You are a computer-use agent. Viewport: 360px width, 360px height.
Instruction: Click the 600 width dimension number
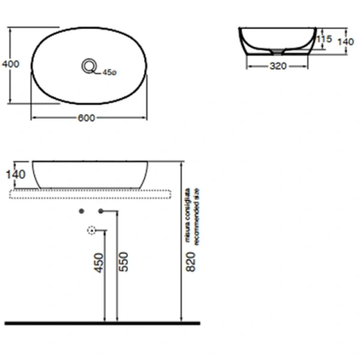click(86, 118)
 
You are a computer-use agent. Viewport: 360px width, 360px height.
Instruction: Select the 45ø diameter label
click(109, 73)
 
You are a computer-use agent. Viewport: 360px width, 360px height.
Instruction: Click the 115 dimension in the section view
click(324, 39)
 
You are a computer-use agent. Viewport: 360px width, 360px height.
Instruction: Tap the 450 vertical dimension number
click(99, 262)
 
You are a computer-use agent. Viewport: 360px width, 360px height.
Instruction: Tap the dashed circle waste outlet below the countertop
click(92, 230)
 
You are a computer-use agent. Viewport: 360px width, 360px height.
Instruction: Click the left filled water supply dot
click(82, 211)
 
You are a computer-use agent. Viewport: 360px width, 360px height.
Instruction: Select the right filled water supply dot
click(101, 211)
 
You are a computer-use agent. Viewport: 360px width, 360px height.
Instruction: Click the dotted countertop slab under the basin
click(90, 193)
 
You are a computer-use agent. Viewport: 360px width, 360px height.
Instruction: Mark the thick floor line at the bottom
click(102, 323)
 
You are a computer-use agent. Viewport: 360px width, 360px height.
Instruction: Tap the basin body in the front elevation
click(90, 174)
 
